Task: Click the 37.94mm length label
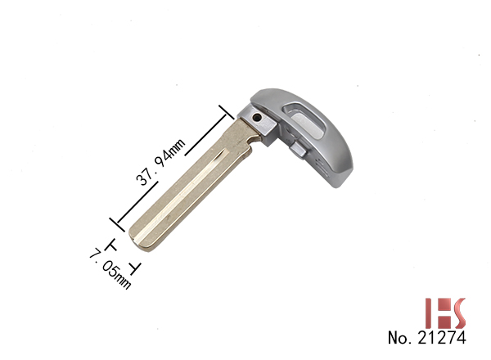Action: [160, 162]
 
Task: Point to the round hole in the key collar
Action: [257, 118]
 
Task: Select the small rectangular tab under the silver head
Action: [298, 150]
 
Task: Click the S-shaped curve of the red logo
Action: [457, 313]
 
